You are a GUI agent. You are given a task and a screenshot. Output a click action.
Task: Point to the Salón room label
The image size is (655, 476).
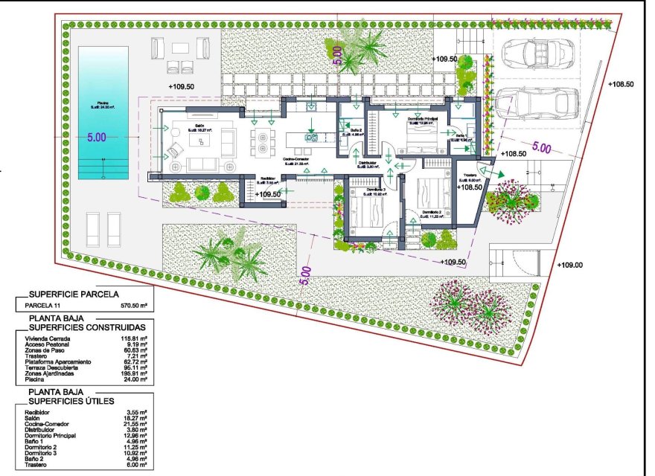(199, 126)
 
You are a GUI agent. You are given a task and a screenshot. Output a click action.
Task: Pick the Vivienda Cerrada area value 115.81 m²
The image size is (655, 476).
(134, 338)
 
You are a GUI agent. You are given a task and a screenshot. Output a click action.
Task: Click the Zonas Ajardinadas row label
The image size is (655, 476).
(51, 373)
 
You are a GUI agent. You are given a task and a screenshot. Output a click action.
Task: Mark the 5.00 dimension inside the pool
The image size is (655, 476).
(97, 138)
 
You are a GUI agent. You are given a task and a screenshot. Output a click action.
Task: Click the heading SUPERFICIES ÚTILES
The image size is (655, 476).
(71, 401)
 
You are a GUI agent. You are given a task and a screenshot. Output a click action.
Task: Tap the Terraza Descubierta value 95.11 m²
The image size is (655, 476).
(134, 367)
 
